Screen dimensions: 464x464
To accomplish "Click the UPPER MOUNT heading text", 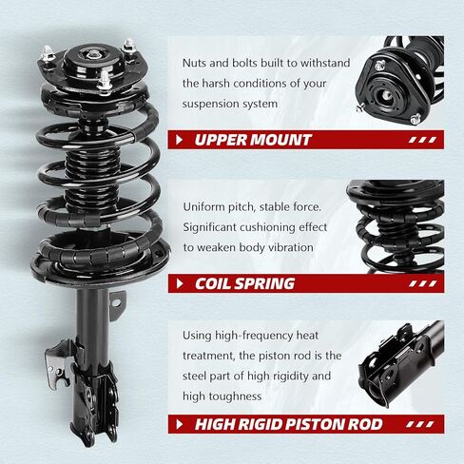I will [252, 140].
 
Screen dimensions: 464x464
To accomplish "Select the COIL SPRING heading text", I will [244, 283].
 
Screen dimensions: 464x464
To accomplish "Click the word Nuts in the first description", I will [198, 63].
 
